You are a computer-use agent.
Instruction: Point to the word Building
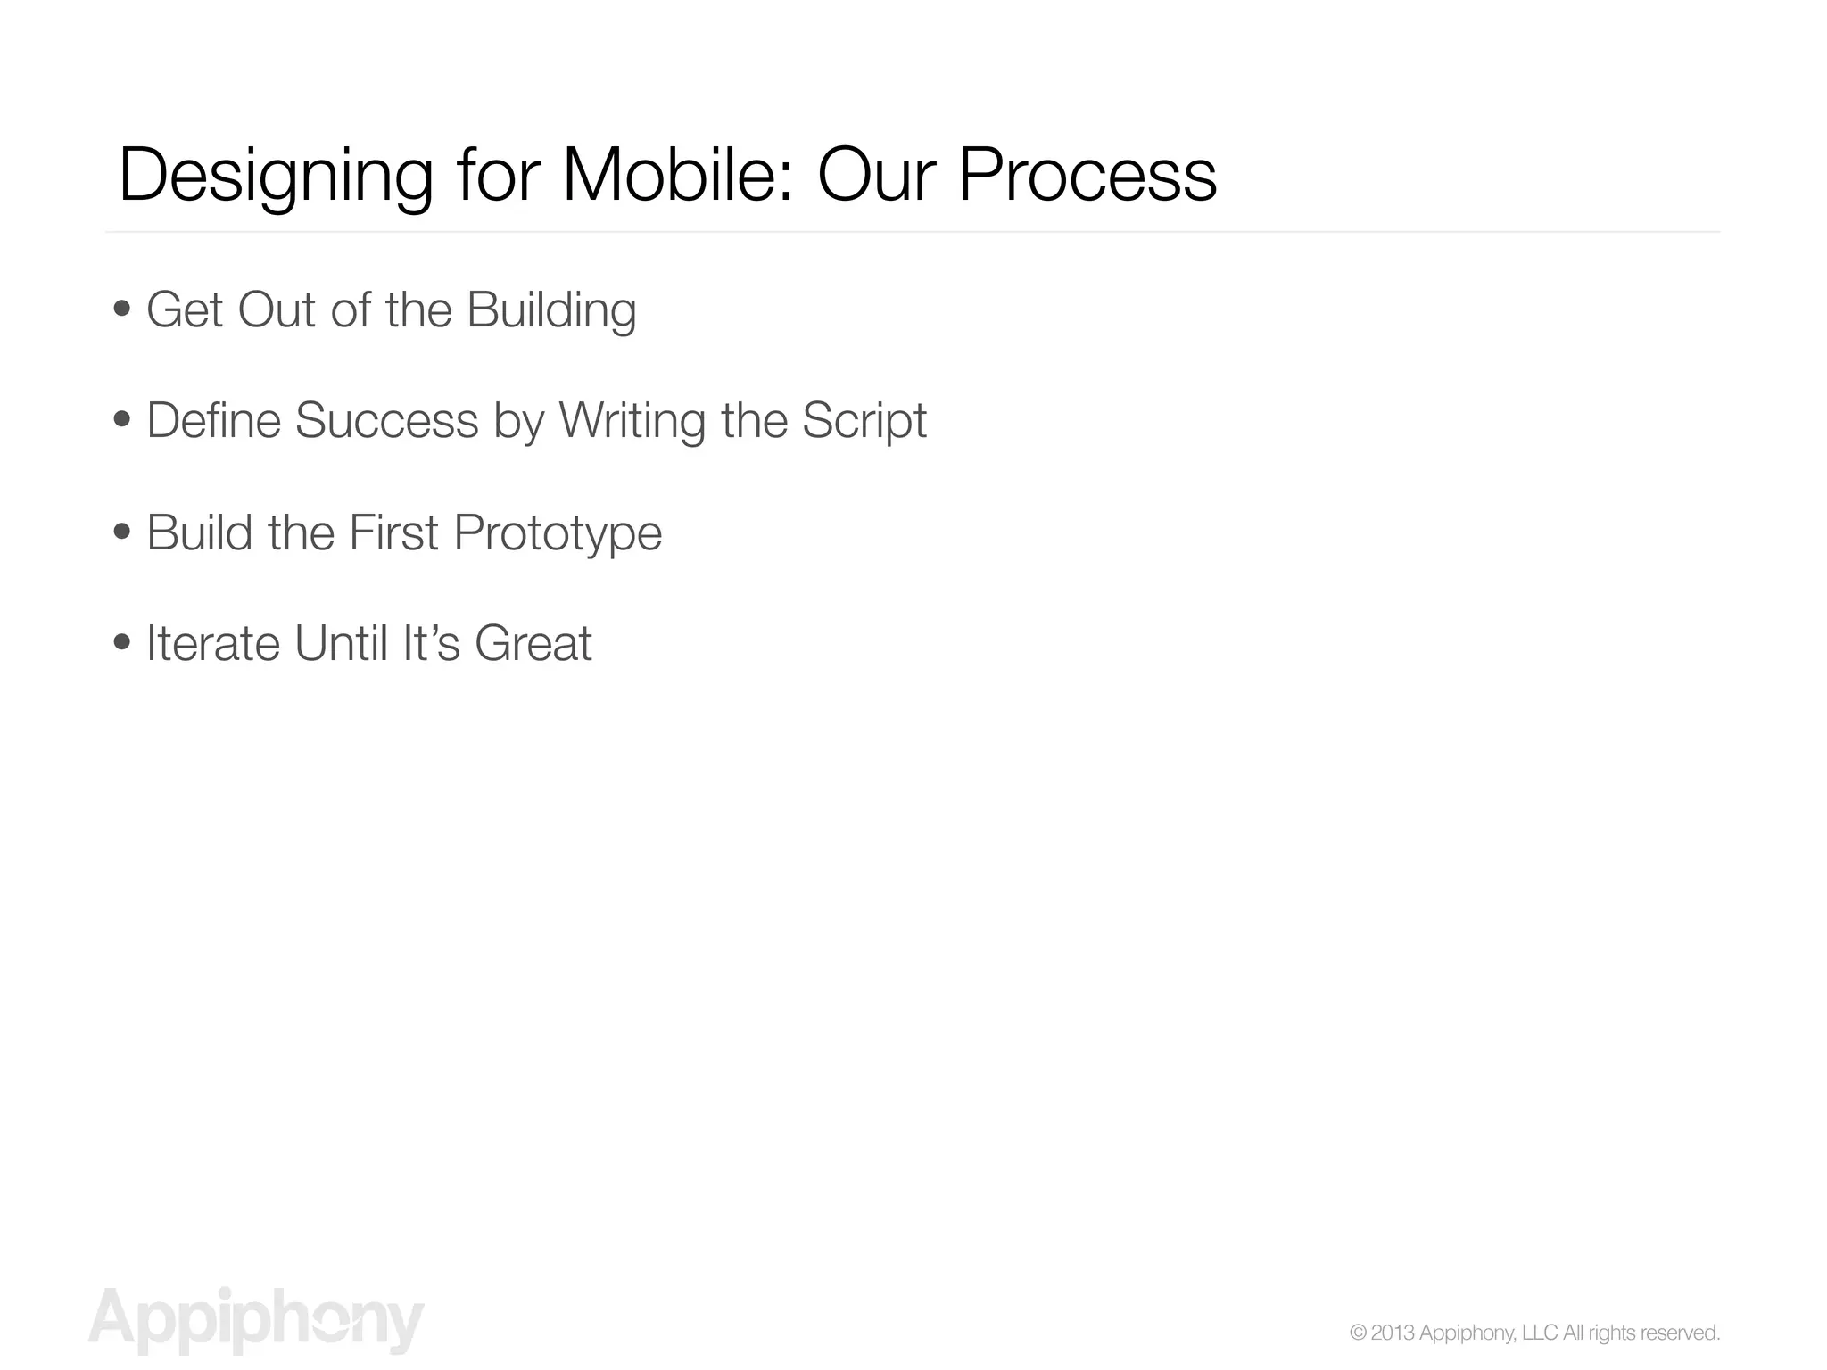pyautogui.click(x=550, y=311)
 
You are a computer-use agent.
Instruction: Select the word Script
pyautogui.click(x=864, y=421)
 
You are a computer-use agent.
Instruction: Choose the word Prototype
pyautogui.click(x=558, y=533)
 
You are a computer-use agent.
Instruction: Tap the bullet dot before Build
pyautogui.click(x=123, y=532)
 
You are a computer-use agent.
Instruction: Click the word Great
pyautogui.click(x=533, y=643)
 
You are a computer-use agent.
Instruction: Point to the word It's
pyautogui.click(x=431, y=643)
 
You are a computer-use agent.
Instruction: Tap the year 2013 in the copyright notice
pyautogui.click(x=1393, y=1333)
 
